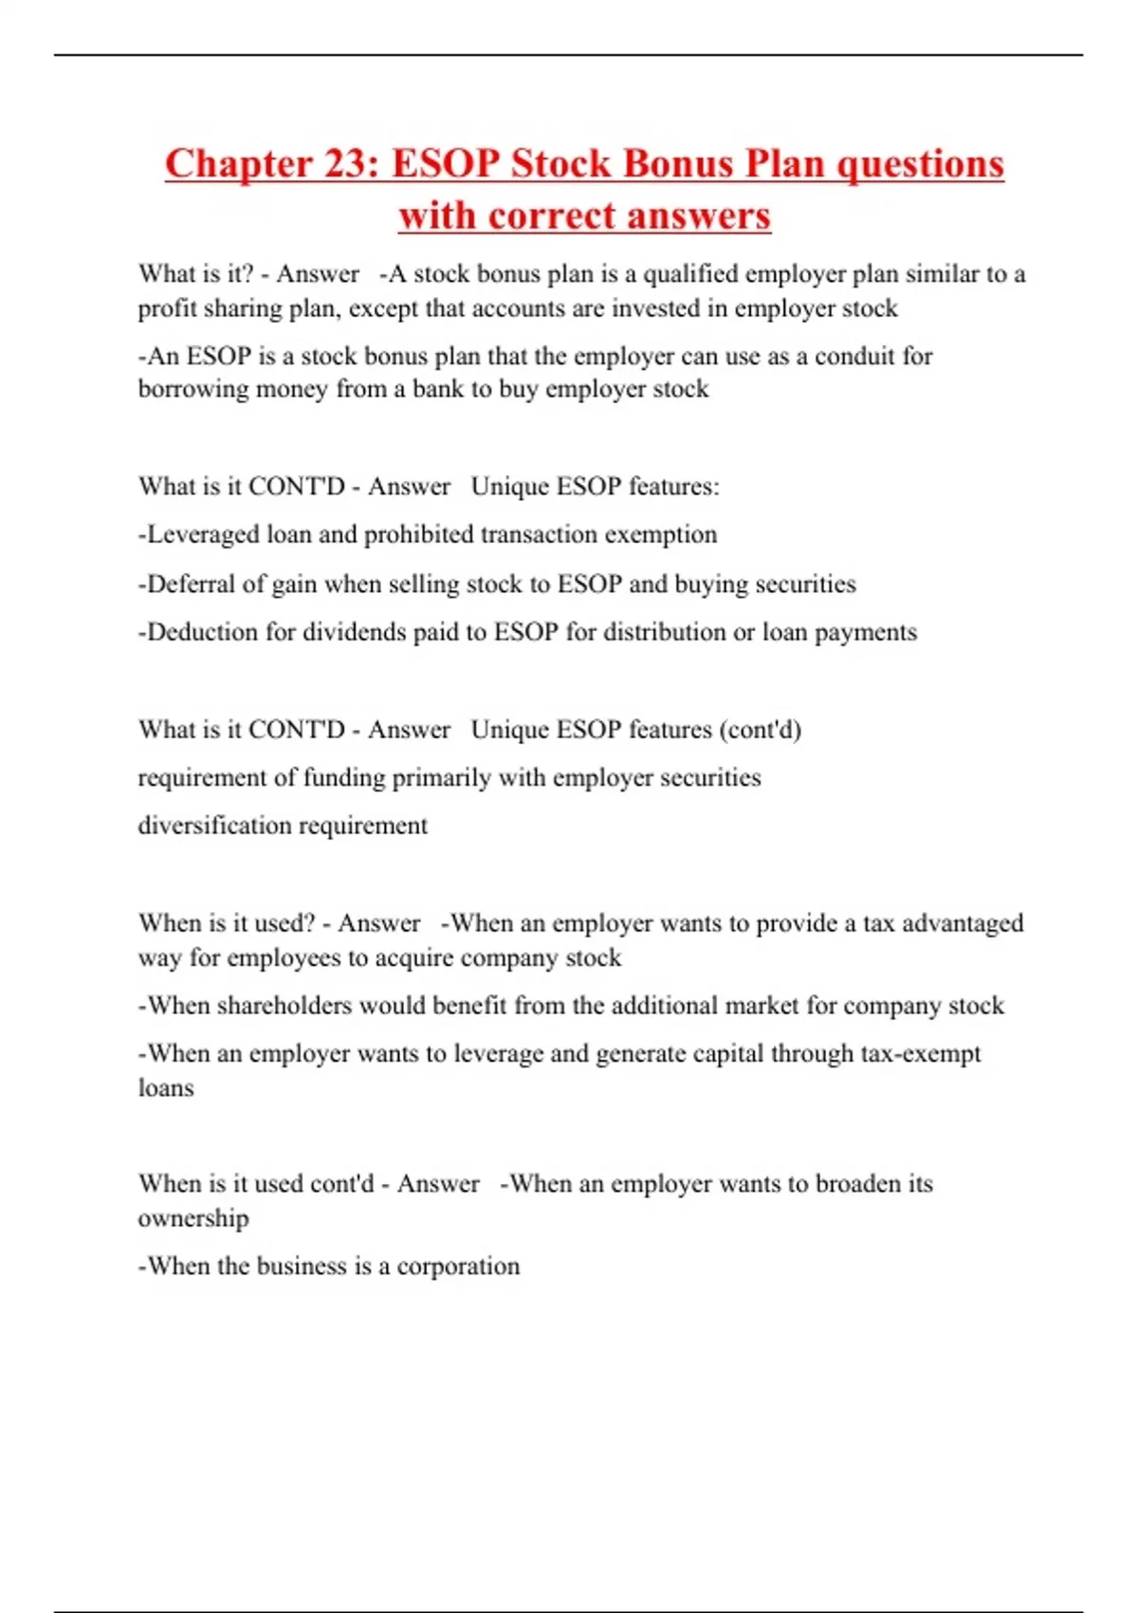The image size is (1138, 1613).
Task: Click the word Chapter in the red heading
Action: [237, 164]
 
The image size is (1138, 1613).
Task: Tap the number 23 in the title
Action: [345, 164]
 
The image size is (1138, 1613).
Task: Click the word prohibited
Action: [418, 534]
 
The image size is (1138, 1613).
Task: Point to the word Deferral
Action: [190, 584]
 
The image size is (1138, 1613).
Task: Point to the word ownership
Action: [193, 1218]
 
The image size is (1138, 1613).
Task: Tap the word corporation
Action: [458, 1267]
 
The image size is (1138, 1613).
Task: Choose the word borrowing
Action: [193, 389]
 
